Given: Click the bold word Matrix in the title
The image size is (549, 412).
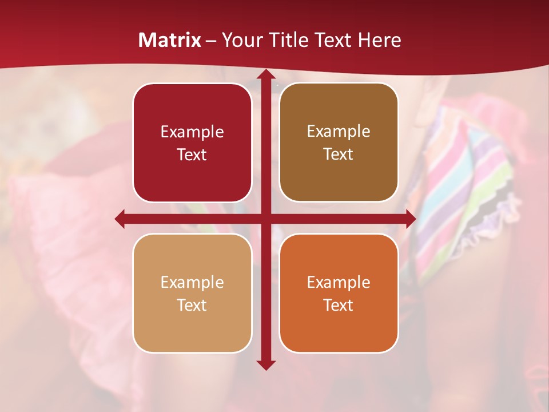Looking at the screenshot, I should click(x=170, y=40).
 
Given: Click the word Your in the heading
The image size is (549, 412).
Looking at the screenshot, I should click(x=241, y=40).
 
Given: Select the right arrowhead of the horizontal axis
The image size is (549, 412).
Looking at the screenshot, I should click(x=410, y=219).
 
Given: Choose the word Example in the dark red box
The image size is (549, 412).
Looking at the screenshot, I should click(x=192, y=132).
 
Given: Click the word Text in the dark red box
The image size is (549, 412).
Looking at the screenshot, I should click(x=192, y=154).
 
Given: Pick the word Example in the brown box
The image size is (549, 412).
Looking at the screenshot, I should click(x=339, y=131).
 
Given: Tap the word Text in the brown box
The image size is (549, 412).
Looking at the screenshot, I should click(x=339, y=154).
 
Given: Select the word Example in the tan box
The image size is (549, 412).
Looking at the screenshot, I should click(x=192, y=282).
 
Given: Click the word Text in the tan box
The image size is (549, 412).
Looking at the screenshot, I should click(x=192, y=305).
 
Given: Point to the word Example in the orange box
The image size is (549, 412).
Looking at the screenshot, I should click(x=339, y=282).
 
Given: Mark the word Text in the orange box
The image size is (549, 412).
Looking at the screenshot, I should click(x=339, y=305).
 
